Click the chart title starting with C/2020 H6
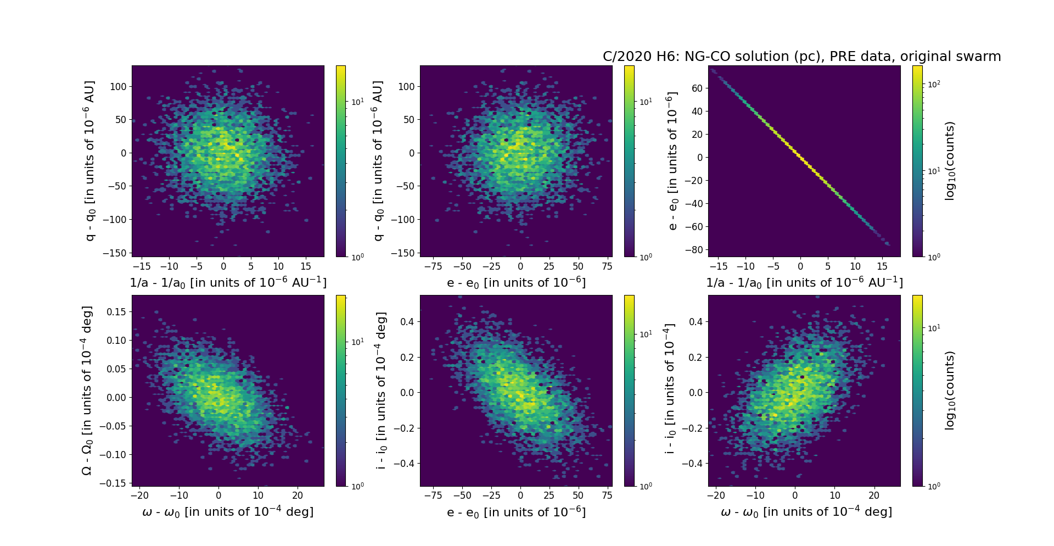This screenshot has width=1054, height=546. tap(801, 57)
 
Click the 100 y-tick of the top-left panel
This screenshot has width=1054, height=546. tap(118, 86)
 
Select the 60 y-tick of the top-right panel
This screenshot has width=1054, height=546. tap(697, 88)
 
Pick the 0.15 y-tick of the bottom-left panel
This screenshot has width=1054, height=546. tap(115, 311)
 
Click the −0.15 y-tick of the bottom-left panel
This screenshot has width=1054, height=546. tap(113, 483)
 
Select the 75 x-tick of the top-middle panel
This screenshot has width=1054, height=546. tap(607, 266)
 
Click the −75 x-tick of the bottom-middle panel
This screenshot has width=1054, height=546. tap(434, 495)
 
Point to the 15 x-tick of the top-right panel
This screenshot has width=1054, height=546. tap(882, 266)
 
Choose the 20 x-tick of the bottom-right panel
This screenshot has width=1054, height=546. tap(874, 495)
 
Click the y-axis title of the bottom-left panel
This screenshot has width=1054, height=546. tap(87, 391)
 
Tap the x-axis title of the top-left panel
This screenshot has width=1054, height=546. tap(228, 282)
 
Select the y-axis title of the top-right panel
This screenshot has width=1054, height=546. tap(672, 161)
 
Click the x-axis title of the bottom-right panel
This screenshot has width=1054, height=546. tap(806, 512)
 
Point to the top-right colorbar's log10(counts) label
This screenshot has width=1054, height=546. tap(950, 161)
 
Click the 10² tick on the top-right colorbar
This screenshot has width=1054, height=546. tap(933, 84)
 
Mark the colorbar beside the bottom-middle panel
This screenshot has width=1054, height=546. tap(629, 391)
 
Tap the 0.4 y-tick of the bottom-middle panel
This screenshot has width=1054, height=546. tap(406, 321)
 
